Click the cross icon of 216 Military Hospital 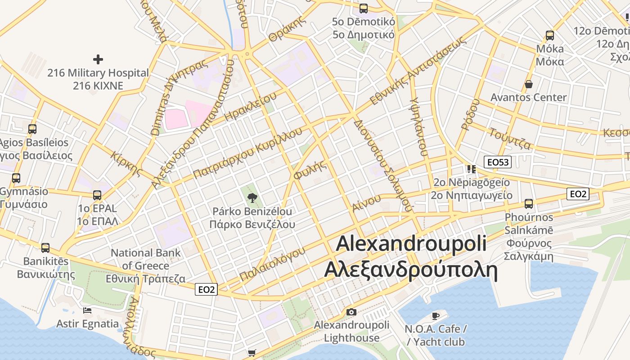98,59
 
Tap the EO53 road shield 498,162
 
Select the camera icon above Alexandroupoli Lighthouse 351,312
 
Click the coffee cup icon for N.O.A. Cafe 435,315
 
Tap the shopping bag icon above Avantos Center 528,84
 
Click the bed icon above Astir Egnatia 87,310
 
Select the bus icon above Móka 549,35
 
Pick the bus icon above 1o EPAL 97,195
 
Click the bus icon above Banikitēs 45,247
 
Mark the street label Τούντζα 510,139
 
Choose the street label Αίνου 364,204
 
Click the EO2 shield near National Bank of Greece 206,289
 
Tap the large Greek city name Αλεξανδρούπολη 410,270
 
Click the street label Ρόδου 470,114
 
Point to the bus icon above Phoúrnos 529,203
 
